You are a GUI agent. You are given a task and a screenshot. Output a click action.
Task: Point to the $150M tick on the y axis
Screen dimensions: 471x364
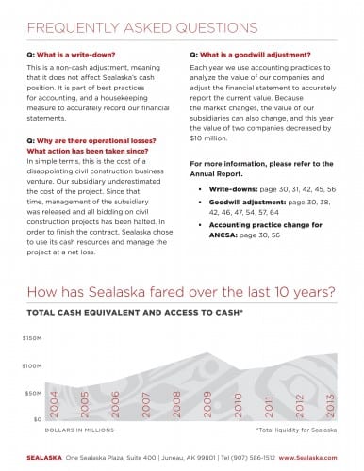coord(33,336)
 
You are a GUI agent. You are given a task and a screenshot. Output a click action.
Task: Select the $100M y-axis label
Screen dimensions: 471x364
coord(33,365)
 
